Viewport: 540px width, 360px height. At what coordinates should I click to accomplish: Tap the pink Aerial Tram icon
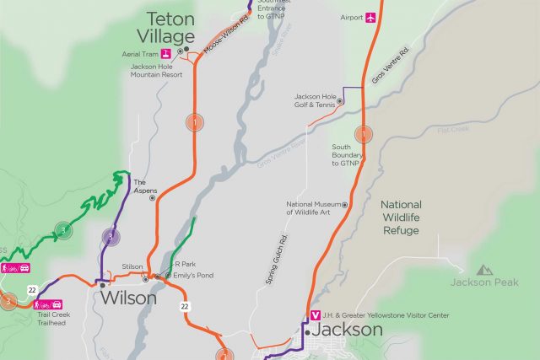pyautogui.click(x=167, y=54)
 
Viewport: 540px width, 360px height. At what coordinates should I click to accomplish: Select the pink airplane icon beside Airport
pyautogui.click(x=370, y=18)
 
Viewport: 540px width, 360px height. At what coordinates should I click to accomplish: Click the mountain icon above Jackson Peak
pyautogui.click(x=484, y=270)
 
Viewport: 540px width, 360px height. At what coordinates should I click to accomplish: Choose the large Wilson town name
pyautogui.click(x=128, y=298)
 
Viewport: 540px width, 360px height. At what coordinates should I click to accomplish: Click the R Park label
pyautogui.click(x=184, y=264)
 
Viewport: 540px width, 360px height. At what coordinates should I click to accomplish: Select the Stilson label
pyautogui.click(x=132, y=266)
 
